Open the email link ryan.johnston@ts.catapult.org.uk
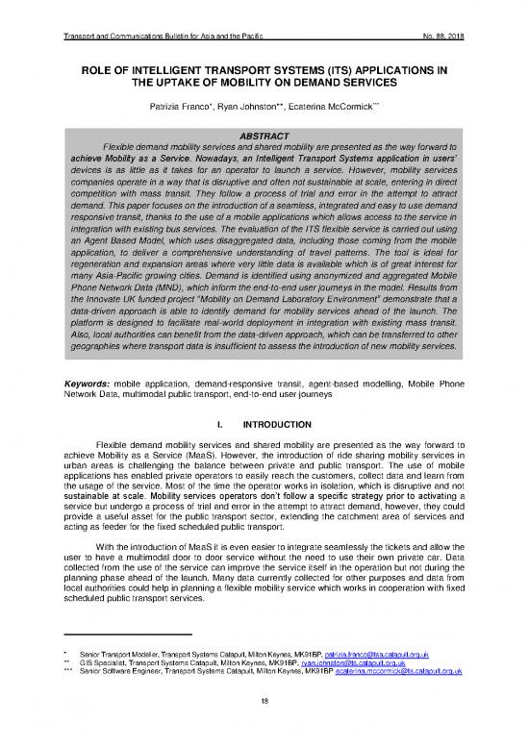pyautogui.click(x=350, y=688)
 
